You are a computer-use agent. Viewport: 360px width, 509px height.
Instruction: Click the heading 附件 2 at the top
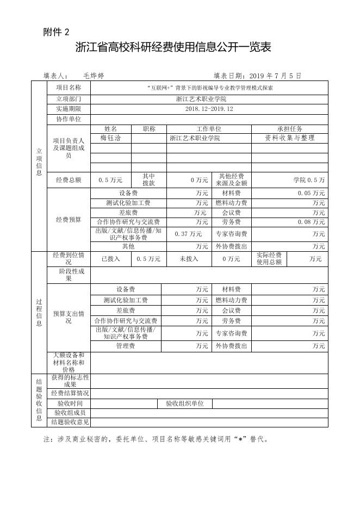[x=56, y=32]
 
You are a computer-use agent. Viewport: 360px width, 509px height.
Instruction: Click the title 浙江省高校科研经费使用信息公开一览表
[x=173, y=48]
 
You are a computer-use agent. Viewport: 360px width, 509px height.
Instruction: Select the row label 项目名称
[x=69, y=87]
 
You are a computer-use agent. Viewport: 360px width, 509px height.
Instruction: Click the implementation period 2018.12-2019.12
[x=209, y=109]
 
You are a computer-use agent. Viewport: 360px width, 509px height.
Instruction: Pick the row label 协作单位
[x=69, y=119]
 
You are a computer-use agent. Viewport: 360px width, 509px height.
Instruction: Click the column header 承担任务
[x=289, y=129]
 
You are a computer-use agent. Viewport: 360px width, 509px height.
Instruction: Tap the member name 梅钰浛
[x=110, y=138]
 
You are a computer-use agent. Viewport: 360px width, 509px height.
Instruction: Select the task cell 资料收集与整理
[x=289, y=138]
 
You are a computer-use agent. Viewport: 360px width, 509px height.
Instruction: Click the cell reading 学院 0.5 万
[x=309, y=179]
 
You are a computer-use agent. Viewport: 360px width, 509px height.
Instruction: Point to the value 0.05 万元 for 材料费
[x=311, y=193]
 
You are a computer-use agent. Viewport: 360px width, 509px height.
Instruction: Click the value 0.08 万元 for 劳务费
[x=311, y=222]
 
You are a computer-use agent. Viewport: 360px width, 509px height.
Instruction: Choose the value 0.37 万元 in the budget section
[x=188, y=234]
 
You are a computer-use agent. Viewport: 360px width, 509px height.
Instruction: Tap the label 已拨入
[x=111, y=259]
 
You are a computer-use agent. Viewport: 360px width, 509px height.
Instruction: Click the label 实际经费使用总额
[x=269, y=259]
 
